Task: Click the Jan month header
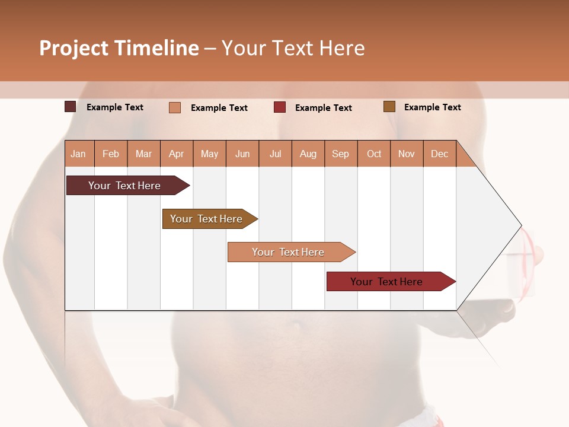(78, 154)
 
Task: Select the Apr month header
(177, 154)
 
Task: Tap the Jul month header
(276, 154)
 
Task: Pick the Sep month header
(340, 154)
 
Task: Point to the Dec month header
(439, 154)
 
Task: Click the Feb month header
(111, 154)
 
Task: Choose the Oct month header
(374, 154)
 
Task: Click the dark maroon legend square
(71, 107)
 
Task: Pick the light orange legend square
(175, 107)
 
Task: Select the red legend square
(280, 107)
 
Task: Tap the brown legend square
(389, 107)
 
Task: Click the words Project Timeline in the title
(119, 48)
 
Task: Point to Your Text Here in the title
(293, 48)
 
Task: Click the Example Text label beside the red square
(323, 108)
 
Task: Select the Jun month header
(242, 154)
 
